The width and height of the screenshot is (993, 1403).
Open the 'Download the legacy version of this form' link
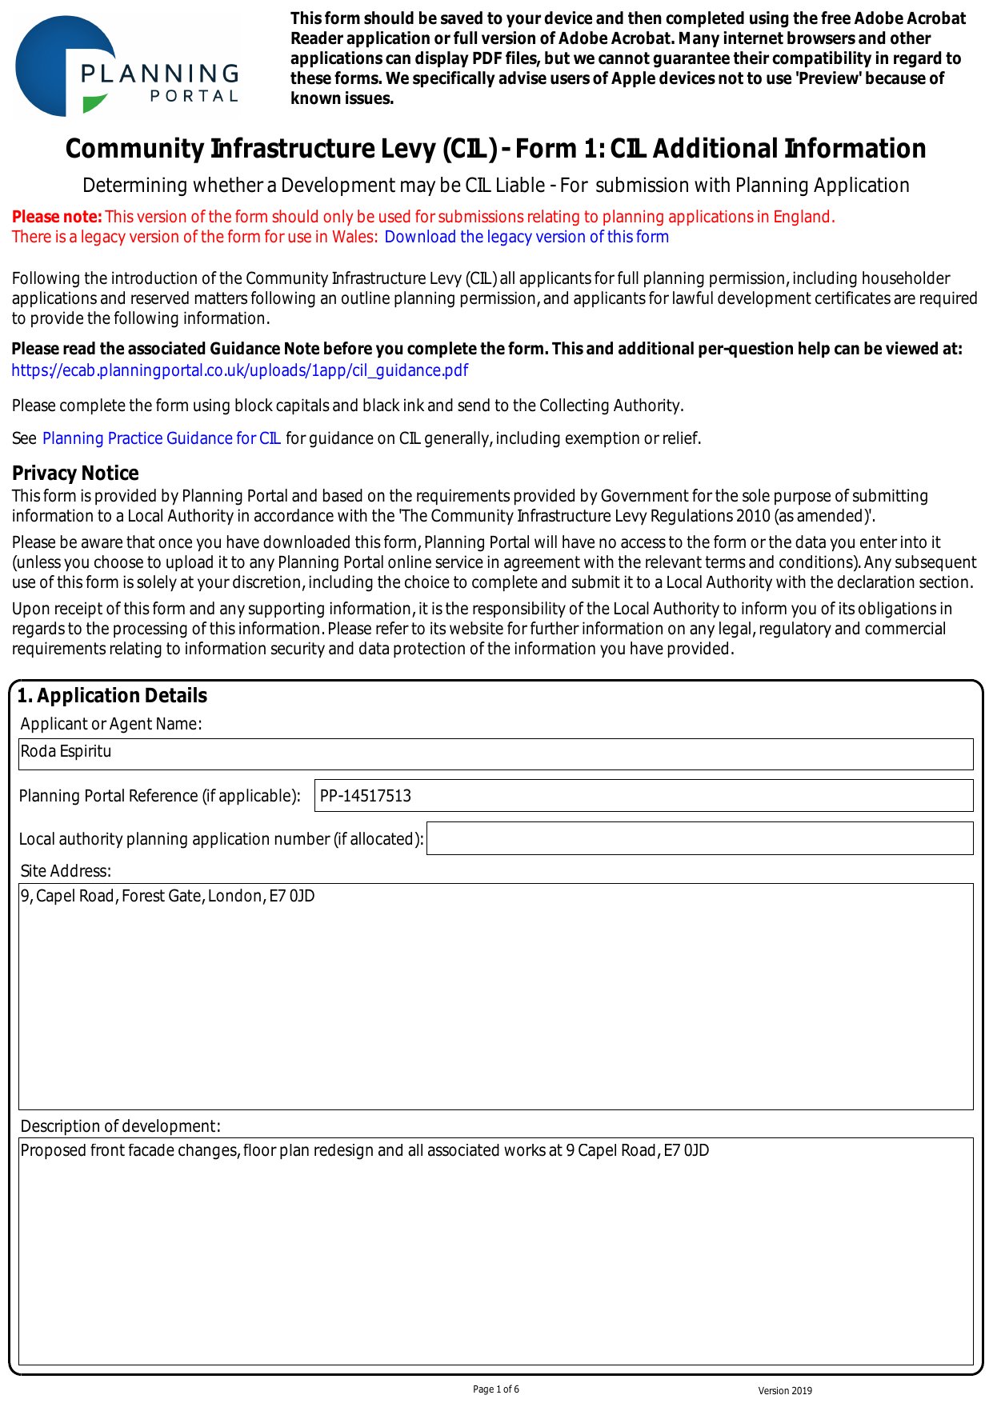click(x=526, y=237)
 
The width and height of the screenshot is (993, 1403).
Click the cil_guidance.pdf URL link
click(x=239, y=370)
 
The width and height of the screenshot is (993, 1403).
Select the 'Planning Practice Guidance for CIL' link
click(x=161, y=438)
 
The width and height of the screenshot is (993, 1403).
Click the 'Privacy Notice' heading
click(x=75, y=473)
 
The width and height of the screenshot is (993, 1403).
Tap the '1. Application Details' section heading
click(x=112, y=696)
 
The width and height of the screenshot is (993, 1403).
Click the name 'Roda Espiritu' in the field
click(x=66, y=752)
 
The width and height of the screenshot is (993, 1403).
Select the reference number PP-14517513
click(x=365, y=796)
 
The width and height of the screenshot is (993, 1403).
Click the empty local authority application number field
click(x=699, y=838)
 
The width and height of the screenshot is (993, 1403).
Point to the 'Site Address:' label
click(x=66, y=871)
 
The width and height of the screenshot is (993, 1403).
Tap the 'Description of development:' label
click(x=120, y=1126)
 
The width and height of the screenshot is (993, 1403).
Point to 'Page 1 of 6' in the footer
click(x=496, y=1389)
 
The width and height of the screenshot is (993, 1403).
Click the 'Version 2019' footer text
click(x=785, y=1391)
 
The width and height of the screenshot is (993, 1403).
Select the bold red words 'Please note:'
click(x=57, y=217)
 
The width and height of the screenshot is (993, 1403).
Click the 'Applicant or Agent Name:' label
click(x=111, y=724)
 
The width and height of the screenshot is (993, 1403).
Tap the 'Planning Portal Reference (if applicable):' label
click(x=159, y=796)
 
